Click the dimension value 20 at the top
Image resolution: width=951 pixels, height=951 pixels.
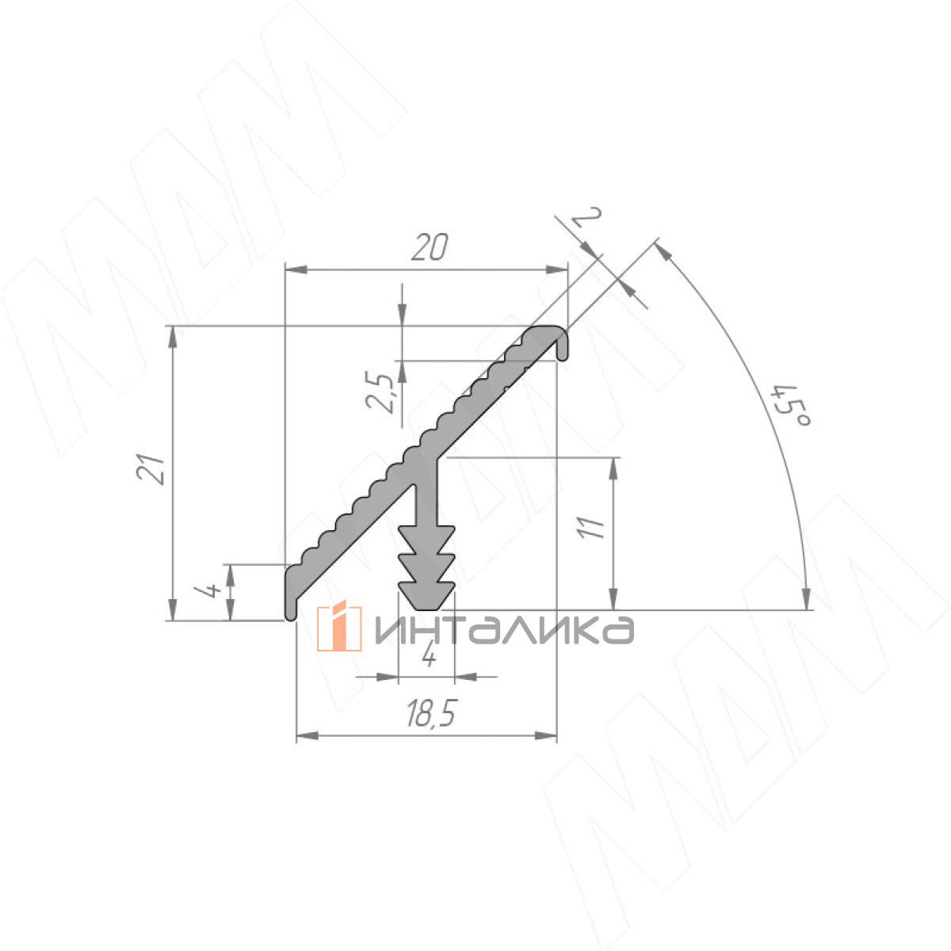(430, 247)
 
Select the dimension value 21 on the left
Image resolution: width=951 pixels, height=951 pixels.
(151, 469)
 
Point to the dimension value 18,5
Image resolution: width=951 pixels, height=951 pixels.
(430, 713)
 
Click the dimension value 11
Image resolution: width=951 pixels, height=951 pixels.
(592, 528)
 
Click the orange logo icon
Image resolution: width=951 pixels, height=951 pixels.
(339, 626)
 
